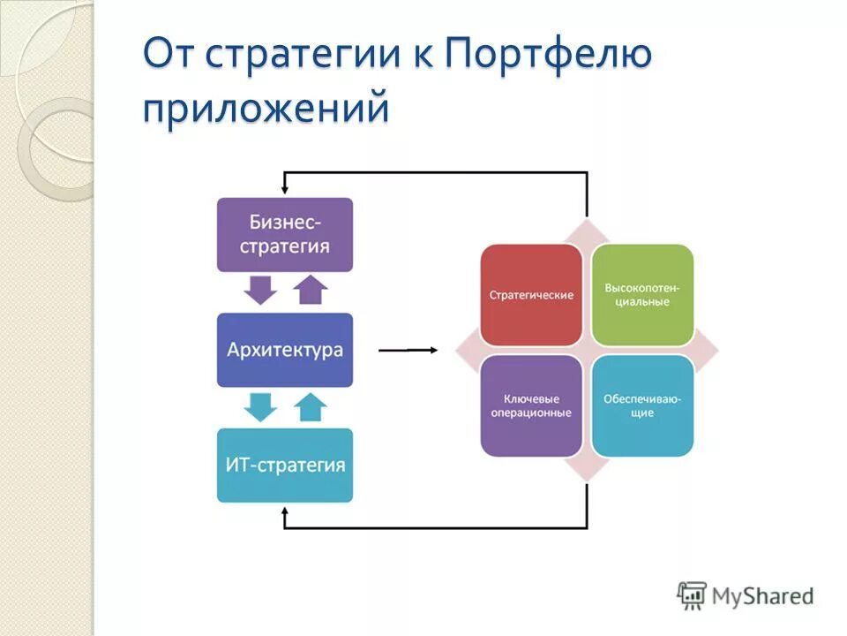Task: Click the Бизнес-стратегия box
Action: tap(284, 234)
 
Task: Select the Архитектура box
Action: tap(284, 350)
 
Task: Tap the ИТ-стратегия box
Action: tap(284, 465)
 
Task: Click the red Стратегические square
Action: tap(531, 294)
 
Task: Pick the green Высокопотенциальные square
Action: tap(642, 294)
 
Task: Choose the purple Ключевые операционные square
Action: tap(531, 405)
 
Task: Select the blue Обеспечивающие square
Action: tap(642, 405)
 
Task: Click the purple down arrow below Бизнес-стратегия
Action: tap(260, 290)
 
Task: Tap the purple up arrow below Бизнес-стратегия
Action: tap(310, 290)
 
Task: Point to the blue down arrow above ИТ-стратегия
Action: tap(260, 406)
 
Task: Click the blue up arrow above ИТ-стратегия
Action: tap(310, 406)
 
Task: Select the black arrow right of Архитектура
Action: tap(408, 351)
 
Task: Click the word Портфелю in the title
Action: tap(548, 55)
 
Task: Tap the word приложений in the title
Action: tap(266, 109)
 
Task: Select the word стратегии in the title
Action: tap(299, 55)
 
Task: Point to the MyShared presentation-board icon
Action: tap(693, 594)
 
